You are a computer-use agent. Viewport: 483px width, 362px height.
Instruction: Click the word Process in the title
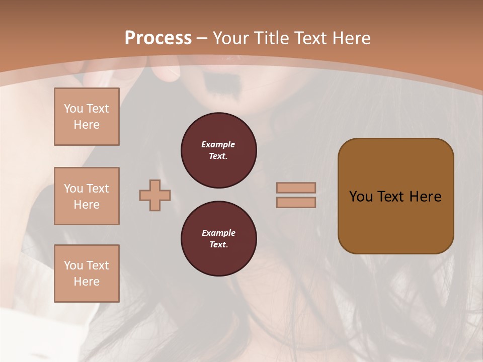coord(158,38)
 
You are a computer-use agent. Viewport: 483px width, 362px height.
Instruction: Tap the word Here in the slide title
coord(350,38)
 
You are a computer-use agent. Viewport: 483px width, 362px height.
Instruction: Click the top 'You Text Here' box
coord(87,117)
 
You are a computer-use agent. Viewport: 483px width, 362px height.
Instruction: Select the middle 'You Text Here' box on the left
coord(87,196)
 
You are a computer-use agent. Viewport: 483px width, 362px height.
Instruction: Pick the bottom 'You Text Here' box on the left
coord(87,274)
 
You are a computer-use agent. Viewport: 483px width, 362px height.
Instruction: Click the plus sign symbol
coord(155,195)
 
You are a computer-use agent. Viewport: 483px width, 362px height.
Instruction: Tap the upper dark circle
coord(219,150)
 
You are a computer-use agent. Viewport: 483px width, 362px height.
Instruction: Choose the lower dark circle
coord(219,239)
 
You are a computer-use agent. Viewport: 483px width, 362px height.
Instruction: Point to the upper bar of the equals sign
coord(296,188)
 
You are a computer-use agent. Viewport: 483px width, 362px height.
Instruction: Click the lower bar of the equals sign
coord(296,202)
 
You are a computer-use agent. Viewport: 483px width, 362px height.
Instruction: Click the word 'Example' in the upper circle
coord(218,144)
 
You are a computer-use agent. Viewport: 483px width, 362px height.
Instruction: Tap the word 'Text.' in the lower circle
coord(218,245)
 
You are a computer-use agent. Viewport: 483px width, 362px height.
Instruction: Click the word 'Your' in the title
coord(229,38)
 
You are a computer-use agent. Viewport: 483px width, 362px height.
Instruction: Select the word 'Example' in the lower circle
coord(218,233)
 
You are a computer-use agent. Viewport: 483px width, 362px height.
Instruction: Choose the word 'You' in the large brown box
coord(360,196)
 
